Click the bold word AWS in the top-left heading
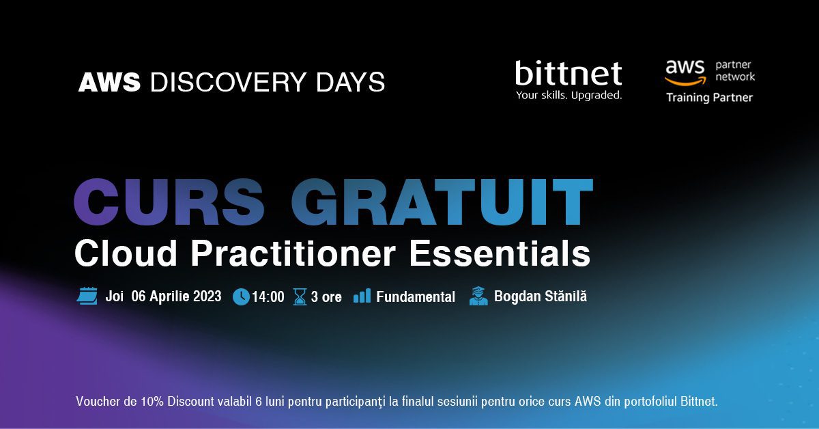click(109, 82)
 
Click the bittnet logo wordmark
click(569, 73)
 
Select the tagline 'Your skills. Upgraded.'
click(569, 96)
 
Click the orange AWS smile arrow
click(685, 81)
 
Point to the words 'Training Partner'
click(709, 98)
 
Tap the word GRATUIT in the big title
click(442, 202)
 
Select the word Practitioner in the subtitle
click(293, 253)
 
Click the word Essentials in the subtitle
click(500, 253)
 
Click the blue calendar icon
click(87, 296)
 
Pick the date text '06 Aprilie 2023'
click(176, 296)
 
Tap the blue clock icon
click(242, 296)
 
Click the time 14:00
click(268, 297)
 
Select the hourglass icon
click(300, 296)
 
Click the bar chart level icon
click(362, 296)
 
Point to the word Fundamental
click(416, 297)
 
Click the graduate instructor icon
click(478, 296)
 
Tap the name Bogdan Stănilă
click(541, 296)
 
